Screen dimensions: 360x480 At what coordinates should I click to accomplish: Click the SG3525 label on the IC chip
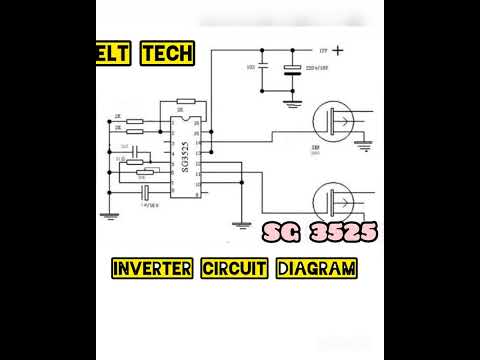point(184,158)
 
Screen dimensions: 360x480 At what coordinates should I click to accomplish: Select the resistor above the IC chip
point(185,101)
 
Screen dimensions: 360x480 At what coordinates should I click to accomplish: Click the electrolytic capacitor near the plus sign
point(292,69)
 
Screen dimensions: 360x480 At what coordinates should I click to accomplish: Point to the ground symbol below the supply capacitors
point(292,100)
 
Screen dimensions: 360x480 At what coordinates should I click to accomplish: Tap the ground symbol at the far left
point(112,211)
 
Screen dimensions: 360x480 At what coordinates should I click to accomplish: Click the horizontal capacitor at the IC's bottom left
point(147,191)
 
